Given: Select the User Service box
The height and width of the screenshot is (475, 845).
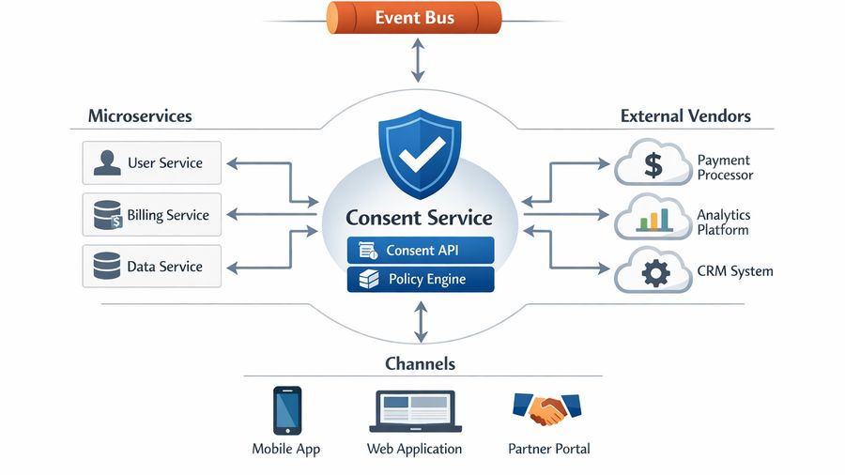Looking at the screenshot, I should coord(151,162).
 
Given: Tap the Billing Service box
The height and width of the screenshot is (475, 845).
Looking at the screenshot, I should coord(151,215).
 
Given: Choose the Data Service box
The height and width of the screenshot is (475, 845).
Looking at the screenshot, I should coord(151,267).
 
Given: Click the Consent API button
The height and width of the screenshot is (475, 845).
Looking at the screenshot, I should coord(420,251).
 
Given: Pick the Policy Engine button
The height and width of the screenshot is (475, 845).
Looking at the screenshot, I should coord(420,279).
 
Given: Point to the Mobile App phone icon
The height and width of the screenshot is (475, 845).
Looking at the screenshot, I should coord(286,410).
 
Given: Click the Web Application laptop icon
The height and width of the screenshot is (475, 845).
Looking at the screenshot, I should coord(413,411).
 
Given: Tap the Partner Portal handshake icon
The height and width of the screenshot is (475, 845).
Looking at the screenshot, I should coord(547,408).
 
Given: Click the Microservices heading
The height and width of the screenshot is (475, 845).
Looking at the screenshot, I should coord(140,116).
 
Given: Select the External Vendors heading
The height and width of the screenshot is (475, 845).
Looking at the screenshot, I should coord(685,116).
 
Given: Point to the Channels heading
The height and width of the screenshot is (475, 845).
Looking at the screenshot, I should coord(420,363).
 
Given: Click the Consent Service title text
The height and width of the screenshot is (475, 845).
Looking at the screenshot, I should coord(419,218).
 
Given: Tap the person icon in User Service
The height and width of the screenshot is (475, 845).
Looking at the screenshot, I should coord(106,163).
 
